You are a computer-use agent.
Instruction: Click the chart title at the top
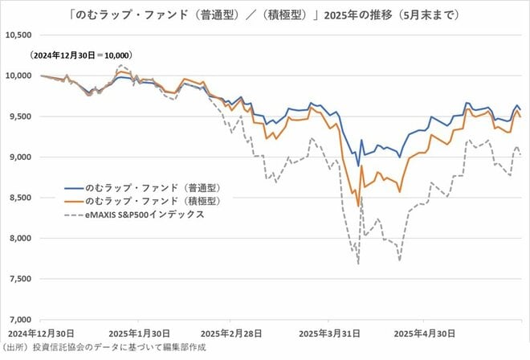click(x=264, y=15)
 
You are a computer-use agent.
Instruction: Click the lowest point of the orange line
click(x=358, y=207)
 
